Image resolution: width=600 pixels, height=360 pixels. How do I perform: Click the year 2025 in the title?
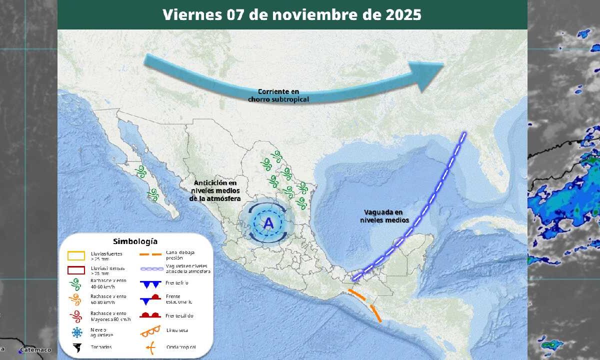(x=404, y=15)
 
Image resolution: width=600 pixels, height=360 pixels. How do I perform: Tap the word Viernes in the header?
(x=192, y=15)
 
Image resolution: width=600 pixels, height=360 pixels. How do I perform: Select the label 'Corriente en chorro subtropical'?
(x=278, y=95)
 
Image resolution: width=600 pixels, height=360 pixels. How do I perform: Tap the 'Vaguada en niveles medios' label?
(x=384, y=216)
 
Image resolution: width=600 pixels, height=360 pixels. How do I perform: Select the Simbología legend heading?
(x=135, y=241)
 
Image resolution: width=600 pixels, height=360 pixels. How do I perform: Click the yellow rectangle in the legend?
(x=76, y=256)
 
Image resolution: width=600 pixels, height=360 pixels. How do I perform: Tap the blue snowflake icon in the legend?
(x=76, y=332)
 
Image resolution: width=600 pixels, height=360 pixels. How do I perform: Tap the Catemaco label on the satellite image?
(x=36, y=350)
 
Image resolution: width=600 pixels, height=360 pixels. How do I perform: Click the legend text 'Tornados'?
(x=101, y=347)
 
